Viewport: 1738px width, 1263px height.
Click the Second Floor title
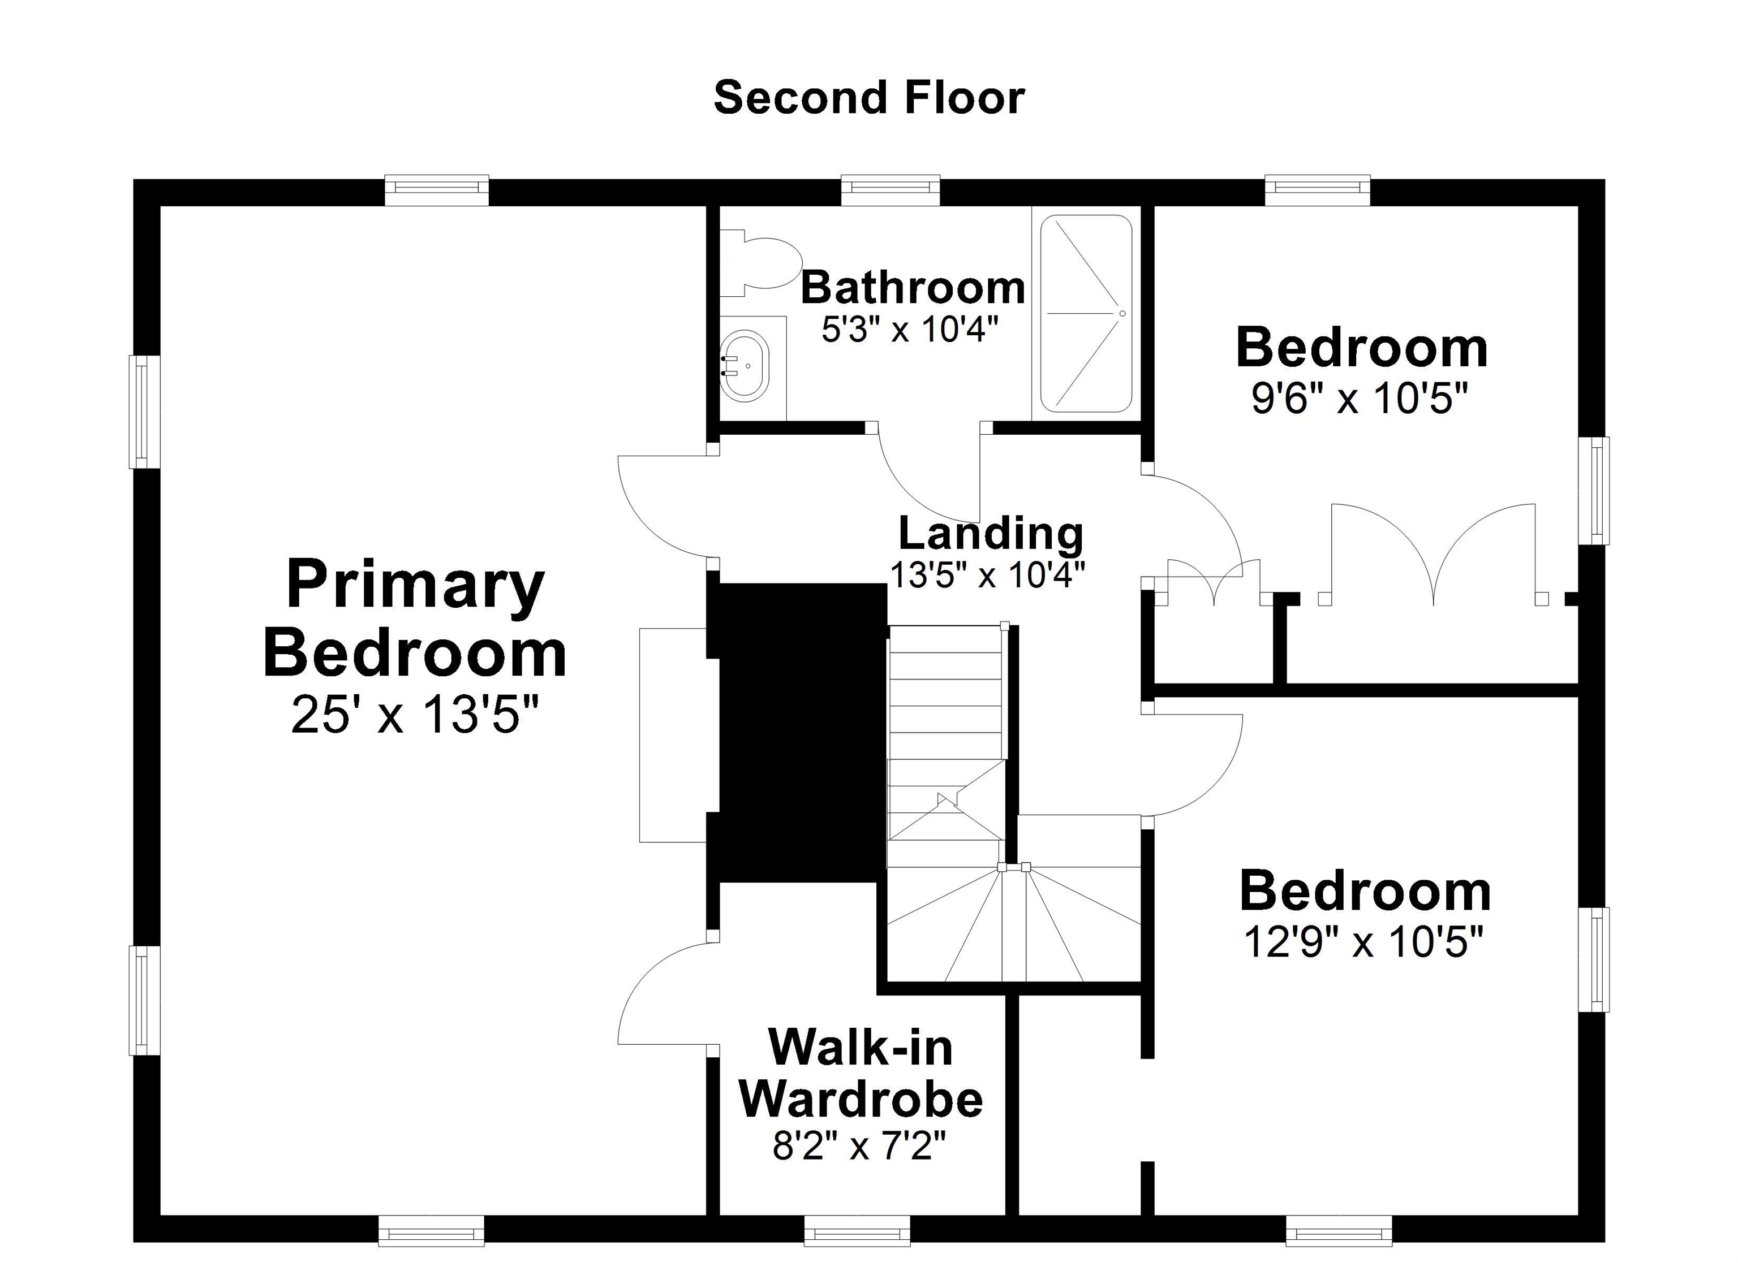coord(868,98)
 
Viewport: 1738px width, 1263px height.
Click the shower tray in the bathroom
coord(1085,313)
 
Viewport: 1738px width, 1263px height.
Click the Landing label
coord(990,533)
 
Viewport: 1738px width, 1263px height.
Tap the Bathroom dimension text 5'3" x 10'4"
coord(910,330)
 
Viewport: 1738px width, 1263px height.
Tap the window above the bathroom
coord(890,190)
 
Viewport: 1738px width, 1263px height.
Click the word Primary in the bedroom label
coord(415,586)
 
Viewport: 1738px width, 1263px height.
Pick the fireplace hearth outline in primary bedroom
coord(672,736)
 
